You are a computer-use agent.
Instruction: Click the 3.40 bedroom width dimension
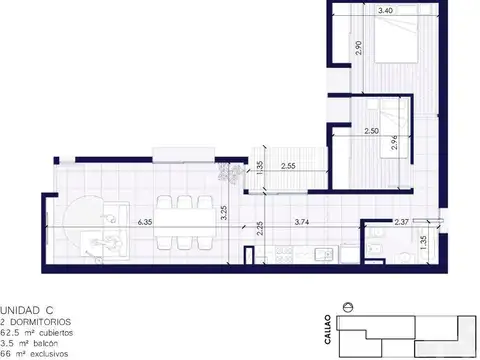(383, 11)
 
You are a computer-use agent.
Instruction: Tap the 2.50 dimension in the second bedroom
(371, 130)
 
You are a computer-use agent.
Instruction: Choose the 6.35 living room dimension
(145, 222)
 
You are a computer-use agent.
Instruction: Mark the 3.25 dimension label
(226, 211)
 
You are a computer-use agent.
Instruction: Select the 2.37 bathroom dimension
(402, 222)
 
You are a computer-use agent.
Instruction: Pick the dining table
(183, 223)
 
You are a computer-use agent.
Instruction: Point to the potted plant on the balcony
(233, 173)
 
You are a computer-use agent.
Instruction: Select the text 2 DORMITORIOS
(36, 320)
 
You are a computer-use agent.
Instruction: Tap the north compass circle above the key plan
(347, 306)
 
